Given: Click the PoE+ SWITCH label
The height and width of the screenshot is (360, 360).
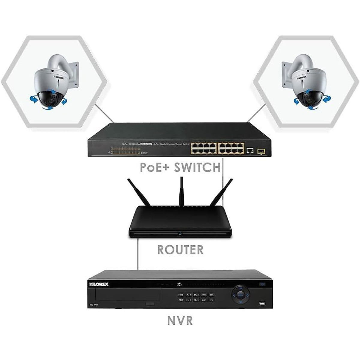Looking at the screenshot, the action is pyautogui.click(x=180, y=167).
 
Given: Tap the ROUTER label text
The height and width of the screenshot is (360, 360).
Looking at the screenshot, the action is pyautogui.click(x=180, y=250).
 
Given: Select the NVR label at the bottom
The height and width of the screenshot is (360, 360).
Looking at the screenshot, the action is pyautogui.click(x=180, y=321).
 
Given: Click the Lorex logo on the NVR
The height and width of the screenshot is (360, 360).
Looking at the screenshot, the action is pyautogui.click(x=99, y=284).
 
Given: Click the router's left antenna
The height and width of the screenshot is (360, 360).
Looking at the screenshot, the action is pyautogui.click(x=139, y=192).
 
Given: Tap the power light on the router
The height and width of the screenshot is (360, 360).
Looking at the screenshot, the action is pyautogui.click(x=180, y=234).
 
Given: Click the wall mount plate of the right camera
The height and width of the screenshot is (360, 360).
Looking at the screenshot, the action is pyautogui.click(x=286, y=75).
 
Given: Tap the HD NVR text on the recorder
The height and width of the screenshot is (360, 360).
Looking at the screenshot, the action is pyautogui.click(x=94, y=305).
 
